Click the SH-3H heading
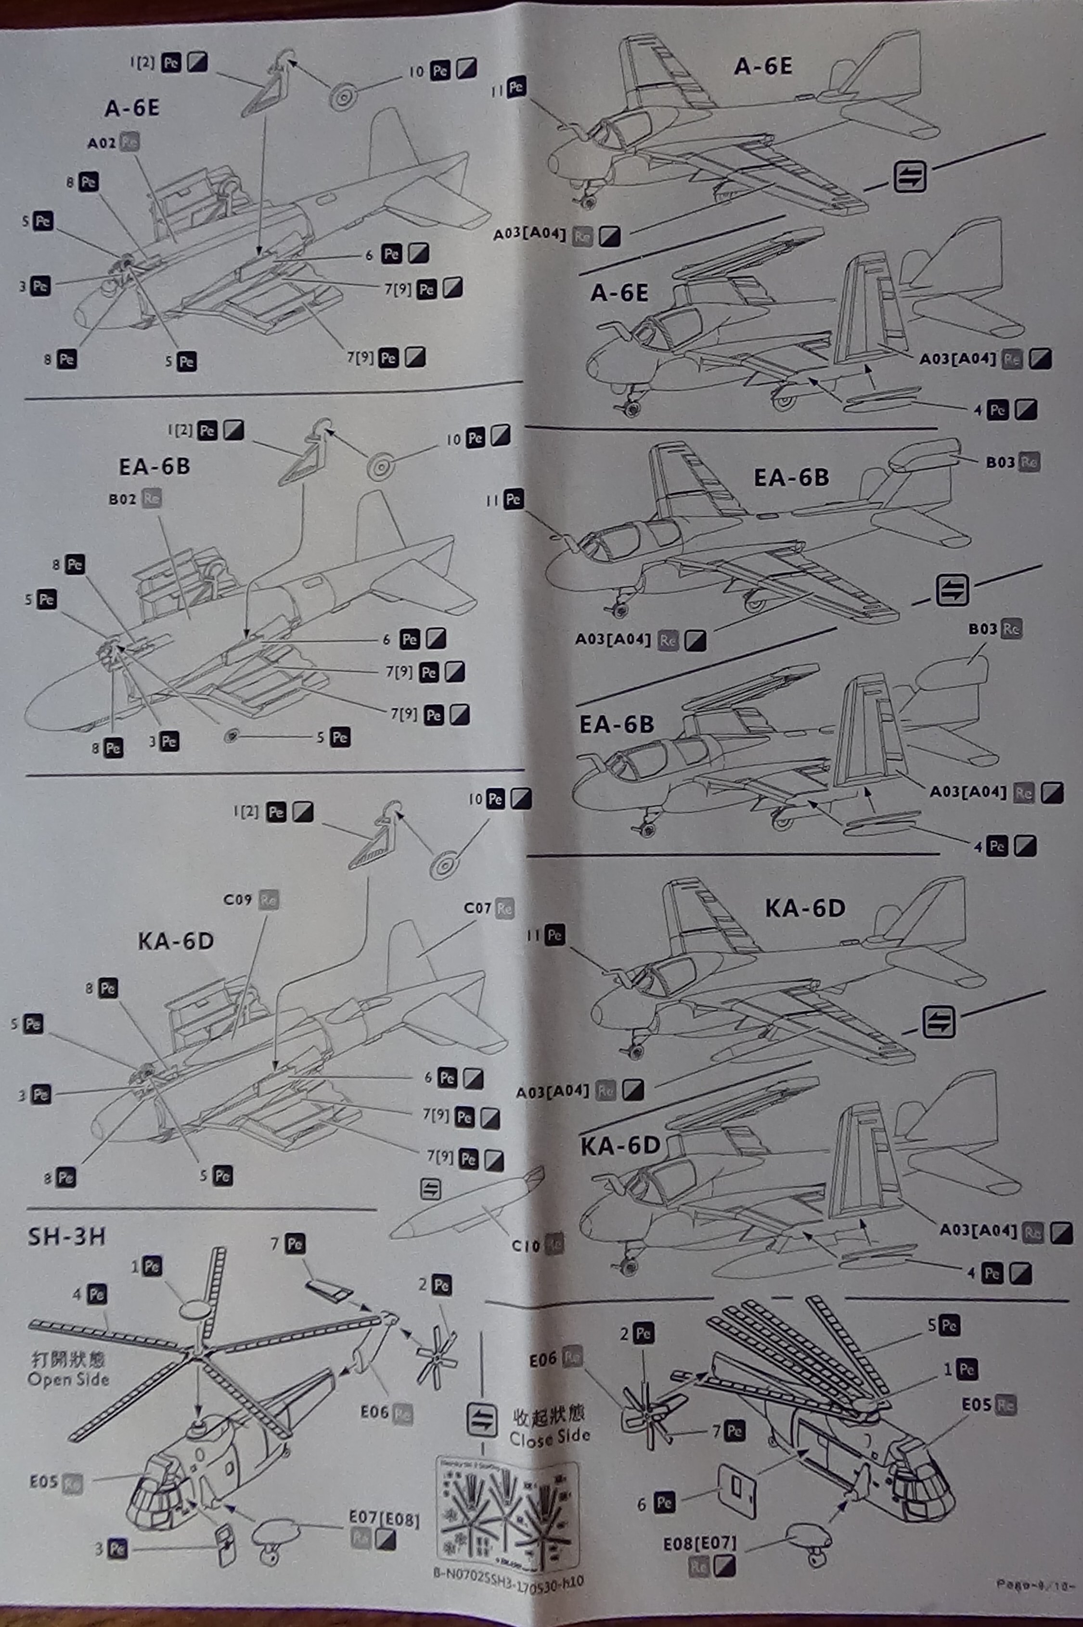point(66,1236)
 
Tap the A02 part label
point(102,143)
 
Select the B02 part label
point(122,499)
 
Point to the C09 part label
point(238,900)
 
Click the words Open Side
point(68,1379)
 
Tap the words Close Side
point(550,1437)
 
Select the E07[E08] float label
point(383,1517)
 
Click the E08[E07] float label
point(699,1543)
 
